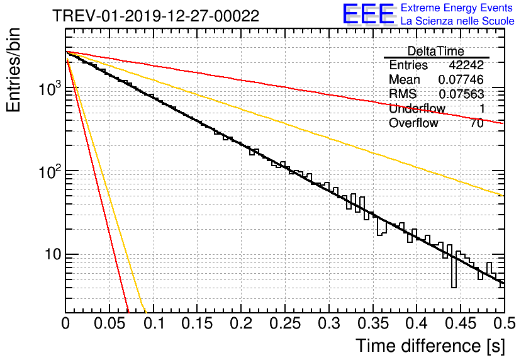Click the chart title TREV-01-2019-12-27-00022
(x=156, y=16)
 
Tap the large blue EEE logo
(x=369, y=14)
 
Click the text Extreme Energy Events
(x=457, y=8)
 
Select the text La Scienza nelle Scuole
(x=457, y=21)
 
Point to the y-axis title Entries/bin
(x=13, y=70)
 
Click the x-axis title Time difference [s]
(x=430, y=346)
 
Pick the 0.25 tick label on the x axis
(x=285, y=323)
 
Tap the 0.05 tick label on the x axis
(x=109, y=323)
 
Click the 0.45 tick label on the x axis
(x=461, y=323)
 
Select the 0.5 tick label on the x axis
(x=505, y=323)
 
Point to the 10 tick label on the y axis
(x=53, y=255)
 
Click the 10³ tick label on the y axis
(x=50, y=88)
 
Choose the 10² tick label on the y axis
(x=50, y=171)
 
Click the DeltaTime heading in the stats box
(x=436, y=52)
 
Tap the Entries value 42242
(x=466, y=65)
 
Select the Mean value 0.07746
(x=461, y=79)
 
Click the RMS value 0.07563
(x=461, y=94)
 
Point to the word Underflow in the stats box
(x=417, y=108)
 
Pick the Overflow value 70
(x=477, y=123)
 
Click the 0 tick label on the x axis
(x=65, y=323)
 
